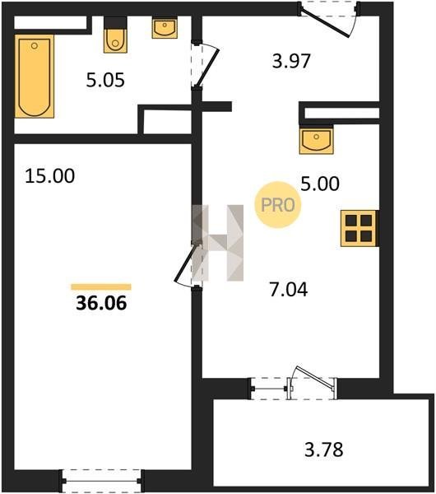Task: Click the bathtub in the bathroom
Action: click(35, 76)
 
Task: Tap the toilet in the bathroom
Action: click(115, 35)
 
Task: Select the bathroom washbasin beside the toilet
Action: click(165, 28)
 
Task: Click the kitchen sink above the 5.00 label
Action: click(317, 140)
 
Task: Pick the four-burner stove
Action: click(359, 228)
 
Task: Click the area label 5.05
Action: click(105, 80)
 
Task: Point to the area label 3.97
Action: click(291, 61)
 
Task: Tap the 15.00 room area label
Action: click(49, 176)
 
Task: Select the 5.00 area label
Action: click(320, 184)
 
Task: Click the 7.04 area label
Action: click(289, 290)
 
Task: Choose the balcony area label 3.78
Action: click(324, 450)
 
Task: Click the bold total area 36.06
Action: click(101, 303)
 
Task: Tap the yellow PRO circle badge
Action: click(278, 205)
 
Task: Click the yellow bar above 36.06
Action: click(101, 287)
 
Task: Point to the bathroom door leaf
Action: click(207, 68)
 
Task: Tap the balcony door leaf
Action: click(315, 376)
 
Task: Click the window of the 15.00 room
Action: click(101, 481)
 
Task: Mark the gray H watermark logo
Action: click(217, 243)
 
